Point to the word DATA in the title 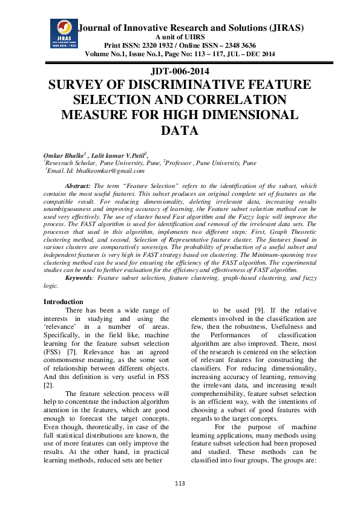coord(180,129)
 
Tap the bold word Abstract coord(78,185)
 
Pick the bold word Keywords coord(80,277)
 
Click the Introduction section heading coord(64,302)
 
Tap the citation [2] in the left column coord(48,384)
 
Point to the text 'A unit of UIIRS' coord(180,37)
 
